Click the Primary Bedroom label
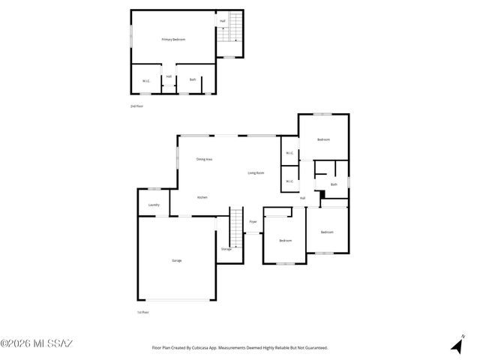pyautogui.click(x=173, y=39)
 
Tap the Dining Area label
pyautogui.click(x=204, y=159)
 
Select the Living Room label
pyautogui.click(x=256, y=173)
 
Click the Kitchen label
pyautogui.click(x=202, y=197)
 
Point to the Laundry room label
pyautogui.click(x=154, y=205)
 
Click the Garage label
pyautogui.click(x=177, y=260)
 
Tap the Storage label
pyautogui.click(x=226, y=248)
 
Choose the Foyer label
pyautogui.click(x=253, y=222)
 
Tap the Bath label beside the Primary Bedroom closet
pyautogui.click(x=193, y=79)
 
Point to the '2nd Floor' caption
pyautogui.click(x=136, y=106)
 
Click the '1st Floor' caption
pyautogui.click(x=142, y=312)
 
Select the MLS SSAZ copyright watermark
pyautogui.click(x=37, y=343)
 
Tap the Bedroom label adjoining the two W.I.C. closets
pyautogui.click(x=323, y=140)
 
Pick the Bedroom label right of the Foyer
pyautogui.click(x=285, y=241)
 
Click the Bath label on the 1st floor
pyautogui.click(x=333, y=184)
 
